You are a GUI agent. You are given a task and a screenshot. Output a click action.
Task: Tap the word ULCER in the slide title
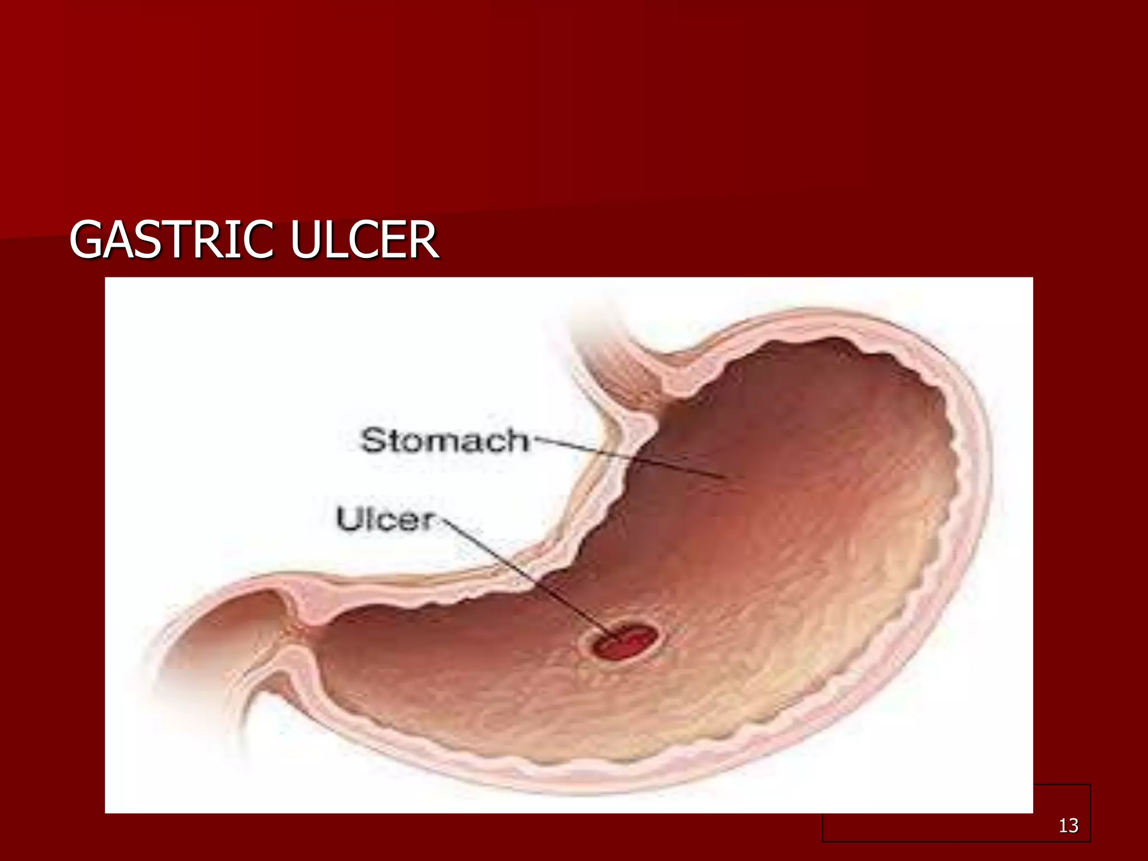364,240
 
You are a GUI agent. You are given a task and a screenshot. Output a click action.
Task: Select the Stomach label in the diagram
444,441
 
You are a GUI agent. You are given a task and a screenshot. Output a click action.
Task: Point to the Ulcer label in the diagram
386,520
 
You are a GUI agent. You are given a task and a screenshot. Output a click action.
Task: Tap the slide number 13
1068,825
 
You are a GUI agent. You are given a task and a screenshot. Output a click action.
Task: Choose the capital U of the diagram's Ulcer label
348,519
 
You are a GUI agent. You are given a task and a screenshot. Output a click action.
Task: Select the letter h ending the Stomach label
517,440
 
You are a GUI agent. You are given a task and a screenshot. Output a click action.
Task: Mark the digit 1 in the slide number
1063,825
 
